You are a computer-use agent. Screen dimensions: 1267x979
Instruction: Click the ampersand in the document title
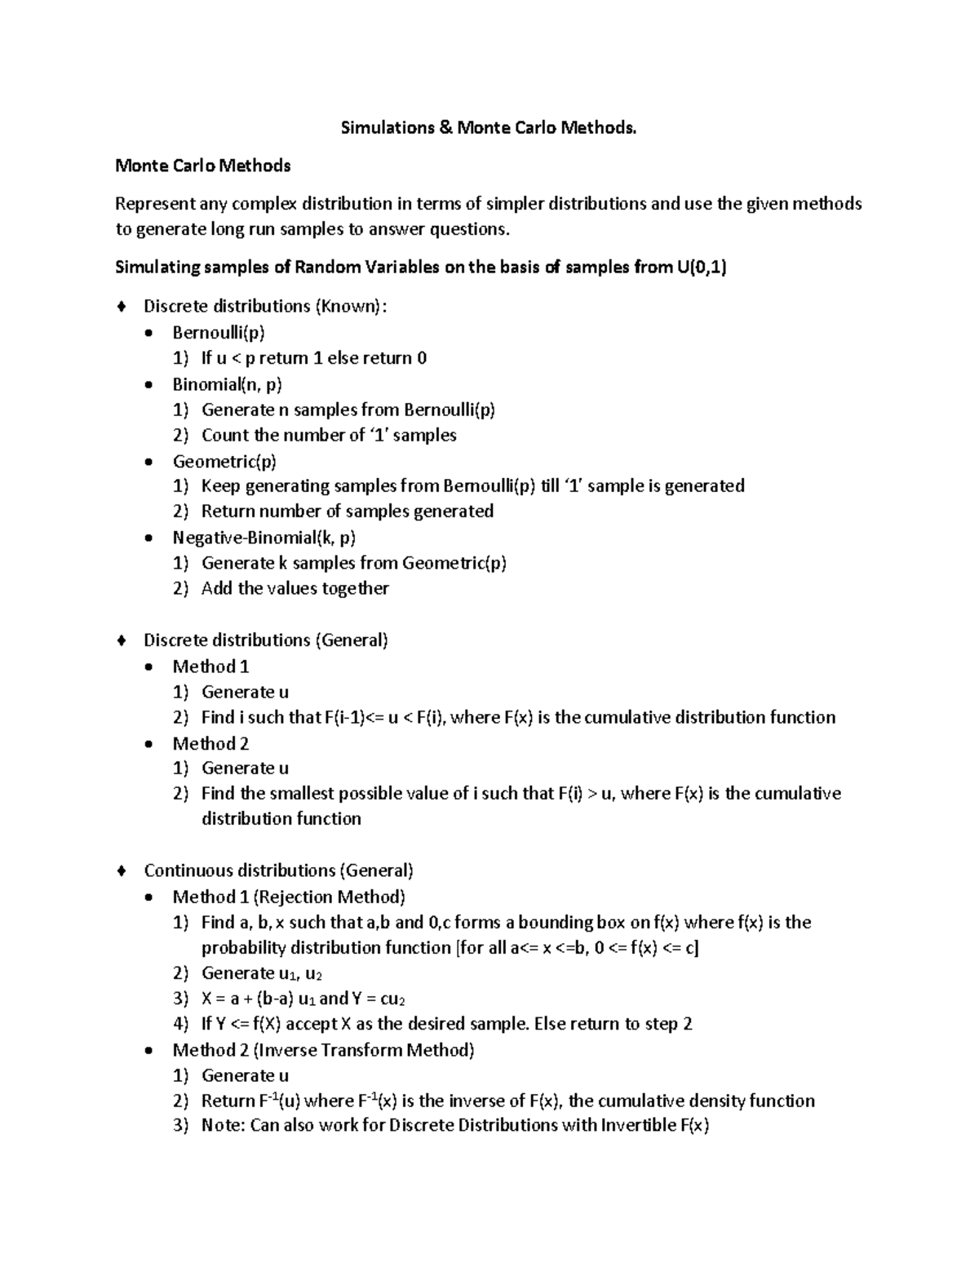point(445,128)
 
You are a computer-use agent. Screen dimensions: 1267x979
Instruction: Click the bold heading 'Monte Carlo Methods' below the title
point(203,166)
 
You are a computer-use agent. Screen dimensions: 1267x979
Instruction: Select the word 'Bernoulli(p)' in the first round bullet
point(219,333)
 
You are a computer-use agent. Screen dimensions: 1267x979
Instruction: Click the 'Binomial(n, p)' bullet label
point(228,384)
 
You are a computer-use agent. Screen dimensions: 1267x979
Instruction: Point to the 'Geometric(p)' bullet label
point(224,462)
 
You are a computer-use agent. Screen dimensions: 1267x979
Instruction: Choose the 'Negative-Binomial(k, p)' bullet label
point(264,538)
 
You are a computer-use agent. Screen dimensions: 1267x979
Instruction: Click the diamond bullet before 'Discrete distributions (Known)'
point(122,307)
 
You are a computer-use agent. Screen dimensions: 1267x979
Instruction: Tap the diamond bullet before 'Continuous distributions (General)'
point(122,871)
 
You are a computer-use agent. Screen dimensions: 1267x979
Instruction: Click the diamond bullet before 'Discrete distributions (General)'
point(122,640)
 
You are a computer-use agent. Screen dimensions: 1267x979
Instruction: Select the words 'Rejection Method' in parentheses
point(329,897)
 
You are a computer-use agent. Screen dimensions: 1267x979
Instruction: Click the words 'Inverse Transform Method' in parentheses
point(363,1050)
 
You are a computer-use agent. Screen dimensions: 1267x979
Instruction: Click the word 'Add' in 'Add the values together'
point(217,589)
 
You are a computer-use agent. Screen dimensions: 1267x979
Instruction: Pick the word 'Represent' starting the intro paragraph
point(155,204)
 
